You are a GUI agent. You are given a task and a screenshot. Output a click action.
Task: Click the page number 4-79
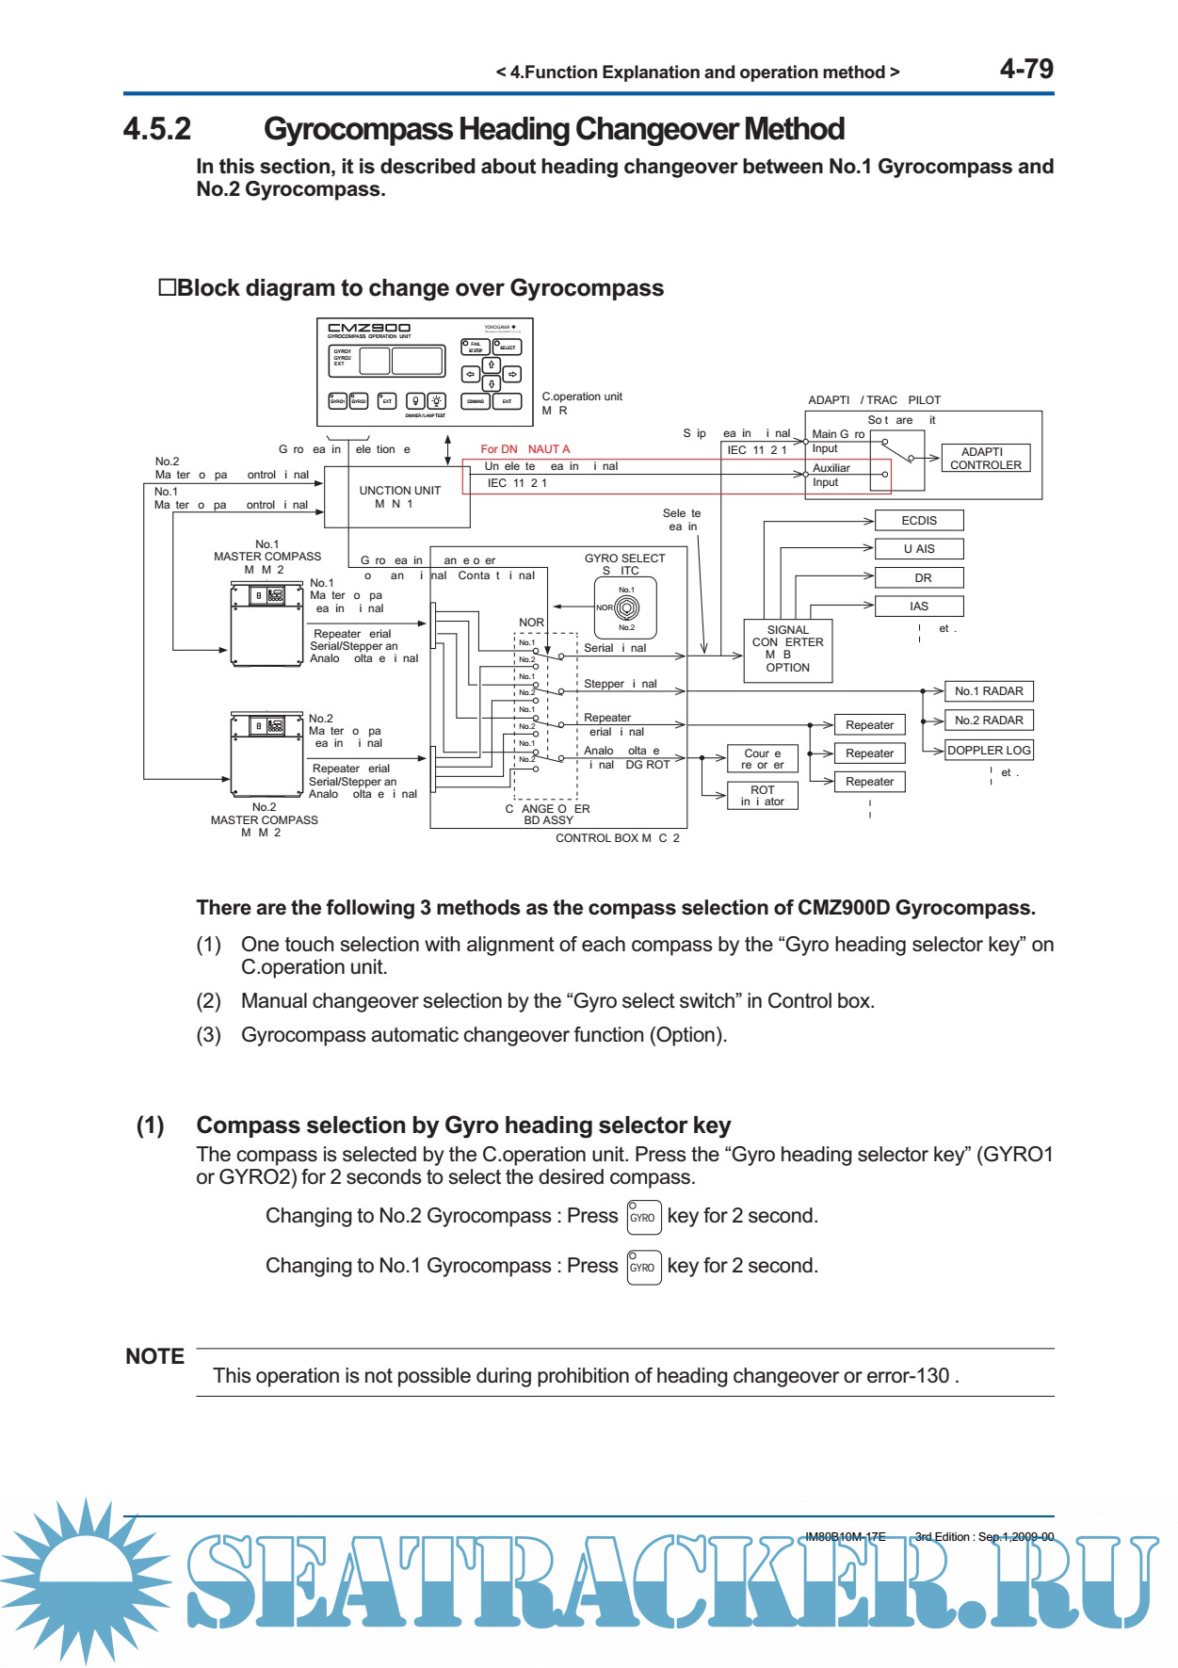[1025, 69]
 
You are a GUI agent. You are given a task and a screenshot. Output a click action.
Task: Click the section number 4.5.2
[157, 129]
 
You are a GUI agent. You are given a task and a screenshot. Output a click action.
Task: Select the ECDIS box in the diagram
[919, 520]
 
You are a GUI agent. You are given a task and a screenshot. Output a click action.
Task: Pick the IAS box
[919, 607]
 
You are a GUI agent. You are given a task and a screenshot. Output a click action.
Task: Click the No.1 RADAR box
[989, 691]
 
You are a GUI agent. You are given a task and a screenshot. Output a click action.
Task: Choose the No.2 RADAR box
[989, 721]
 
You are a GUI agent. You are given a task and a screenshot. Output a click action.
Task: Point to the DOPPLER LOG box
[989, 750]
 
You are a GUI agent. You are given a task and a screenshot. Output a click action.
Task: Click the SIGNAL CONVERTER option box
[787, 649]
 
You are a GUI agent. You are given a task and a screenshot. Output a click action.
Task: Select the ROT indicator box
[763, 796]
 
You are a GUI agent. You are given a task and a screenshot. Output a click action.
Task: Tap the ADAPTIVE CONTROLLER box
[985, 459]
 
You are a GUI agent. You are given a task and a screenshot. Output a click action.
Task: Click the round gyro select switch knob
[626, 608]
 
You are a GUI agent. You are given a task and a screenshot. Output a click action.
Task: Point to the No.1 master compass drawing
[266, 623]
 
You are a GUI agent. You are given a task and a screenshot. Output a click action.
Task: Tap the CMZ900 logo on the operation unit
[368, 329]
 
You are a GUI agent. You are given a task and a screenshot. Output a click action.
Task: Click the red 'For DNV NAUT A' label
[524, 449]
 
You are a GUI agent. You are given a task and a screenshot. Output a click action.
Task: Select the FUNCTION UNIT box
[398, 496]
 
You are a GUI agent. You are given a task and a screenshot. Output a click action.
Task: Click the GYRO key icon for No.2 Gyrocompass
[644, 1217]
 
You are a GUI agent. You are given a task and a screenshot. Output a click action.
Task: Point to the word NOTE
[154, 1356]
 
